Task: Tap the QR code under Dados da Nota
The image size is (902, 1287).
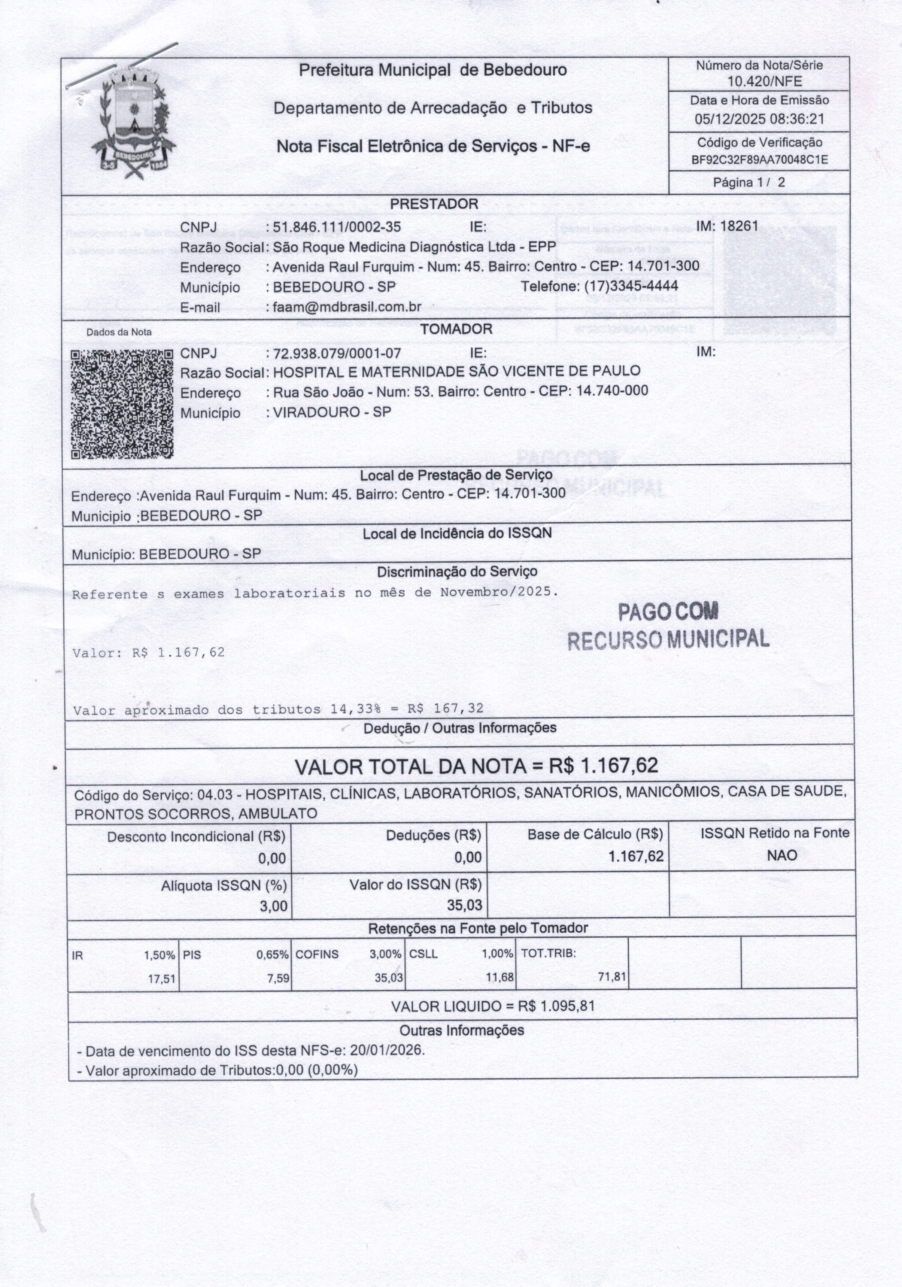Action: coord(122,404)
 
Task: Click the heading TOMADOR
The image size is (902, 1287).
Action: coord(456,329)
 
